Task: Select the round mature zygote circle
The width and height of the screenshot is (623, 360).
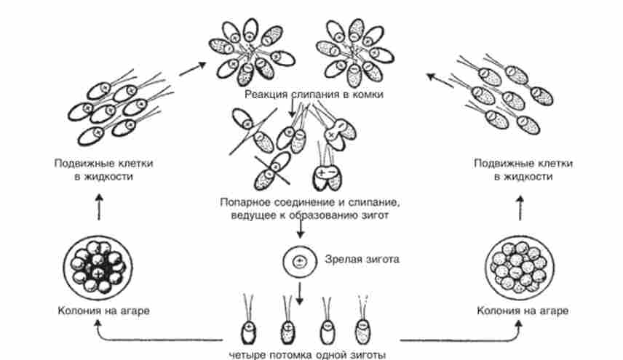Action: (x=298, y=260)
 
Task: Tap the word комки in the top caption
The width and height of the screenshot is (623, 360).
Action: (x=366, y=95)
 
